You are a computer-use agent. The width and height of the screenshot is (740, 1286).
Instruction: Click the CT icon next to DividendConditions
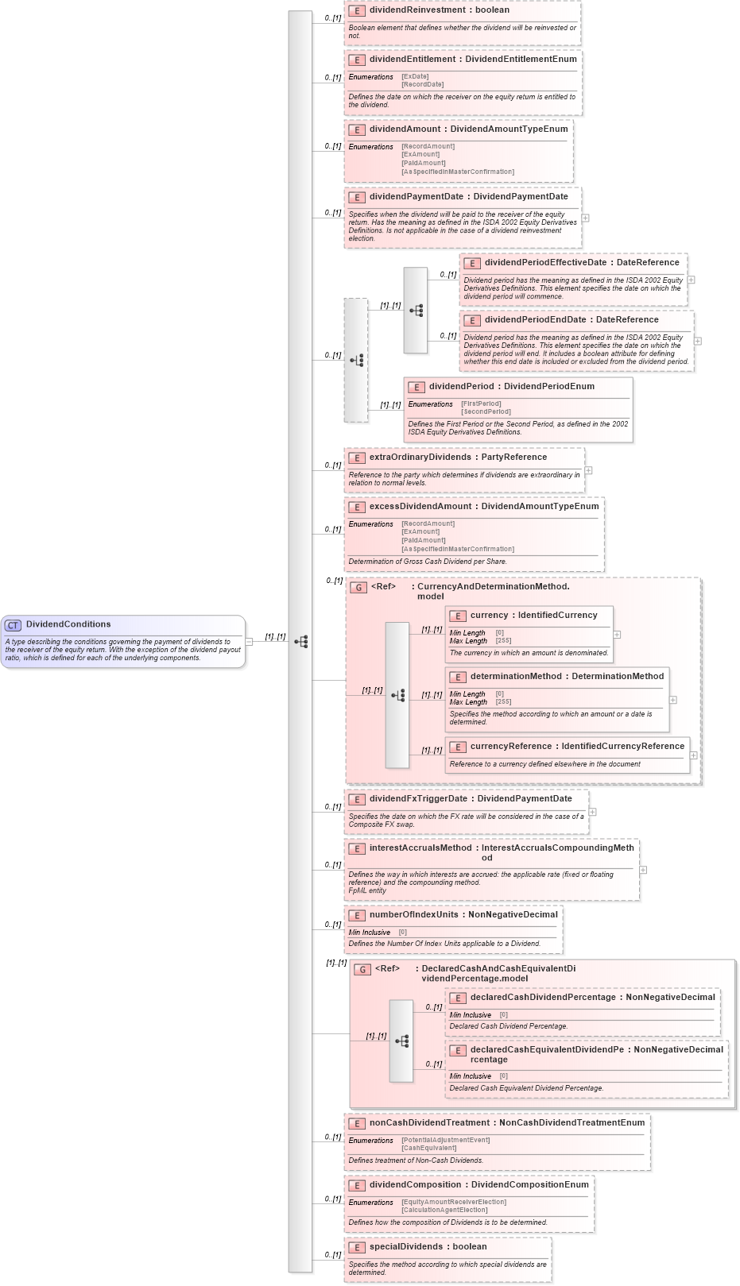pyautogui.click(x=14, y=625)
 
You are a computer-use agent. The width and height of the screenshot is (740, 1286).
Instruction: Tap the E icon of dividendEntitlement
pyautogui.click(x=357, y=60)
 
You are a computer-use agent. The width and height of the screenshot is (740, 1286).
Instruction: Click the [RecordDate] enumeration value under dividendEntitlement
pyautogui.click(x=422, y=84)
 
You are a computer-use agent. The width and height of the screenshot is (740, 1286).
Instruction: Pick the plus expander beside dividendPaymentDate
pyautogui.click(x=585, y=218)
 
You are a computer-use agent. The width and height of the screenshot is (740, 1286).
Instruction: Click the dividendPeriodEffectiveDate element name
pyautogui.click(x=545, y=263)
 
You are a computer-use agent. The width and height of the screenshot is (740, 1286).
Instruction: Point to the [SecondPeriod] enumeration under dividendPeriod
pyautogui.click(x=486, y=411)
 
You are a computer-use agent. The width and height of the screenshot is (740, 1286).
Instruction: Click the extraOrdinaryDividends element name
pyautogui.click(x=421, y=458)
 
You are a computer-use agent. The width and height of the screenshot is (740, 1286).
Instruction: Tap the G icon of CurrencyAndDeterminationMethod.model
pyautogui.click(x=358, y=588)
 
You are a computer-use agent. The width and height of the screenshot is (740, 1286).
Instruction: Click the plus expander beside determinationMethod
pyautogui.click(x=673, y=700)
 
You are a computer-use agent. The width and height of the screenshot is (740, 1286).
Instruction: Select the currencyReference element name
pyautogui.click(x=511, y=747)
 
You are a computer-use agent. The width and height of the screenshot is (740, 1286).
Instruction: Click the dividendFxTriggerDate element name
pyautogui.click(x=418, y=799)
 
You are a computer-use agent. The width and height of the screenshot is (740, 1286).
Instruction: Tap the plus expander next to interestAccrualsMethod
pyautogui.click(x=643, y=870)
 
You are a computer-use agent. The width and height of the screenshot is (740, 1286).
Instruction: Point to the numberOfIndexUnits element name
pyautogui.click(x=413, y=915)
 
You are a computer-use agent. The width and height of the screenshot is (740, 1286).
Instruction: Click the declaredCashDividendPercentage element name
pyautogui.click(x=543, y=998)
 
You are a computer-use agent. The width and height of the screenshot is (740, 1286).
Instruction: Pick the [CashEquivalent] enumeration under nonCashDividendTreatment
pyautogui.click(x=428, y=1148)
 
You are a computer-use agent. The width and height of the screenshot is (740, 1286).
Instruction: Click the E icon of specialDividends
pyautogui.click(x=357, y=1247)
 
